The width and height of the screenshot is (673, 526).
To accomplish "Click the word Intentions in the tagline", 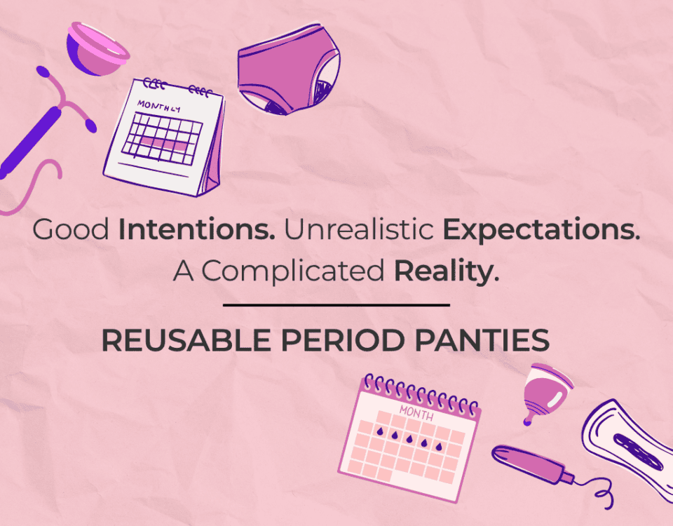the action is (x=196, y=229).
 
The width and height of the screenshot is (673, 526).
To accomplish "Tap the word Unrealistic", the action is (x=359, y=229).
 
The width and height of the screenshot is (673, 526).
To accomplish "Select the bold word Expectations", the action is (x=541, y=230).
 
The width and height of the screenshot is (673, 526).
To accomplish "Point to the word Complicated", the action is (x=293, y=271).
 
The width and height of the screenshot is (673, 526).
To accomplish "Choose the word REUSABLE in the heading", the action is (x=186, y=340).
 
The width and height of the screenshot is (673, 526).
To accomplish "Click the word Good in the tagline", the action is (x=71, y=229).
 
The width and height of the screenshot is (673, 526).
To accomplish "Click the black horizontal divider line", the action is (x=336, y=305).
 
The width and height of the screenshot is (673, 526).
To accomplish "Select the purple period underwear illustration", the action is (x=289, y=69).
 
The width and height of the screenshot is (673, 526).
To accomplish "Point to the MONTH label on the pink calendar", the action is (x=416, y=413).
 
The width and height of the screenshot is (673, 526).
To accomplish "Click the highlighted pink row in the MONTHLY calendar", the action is (x=163, y=143).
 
